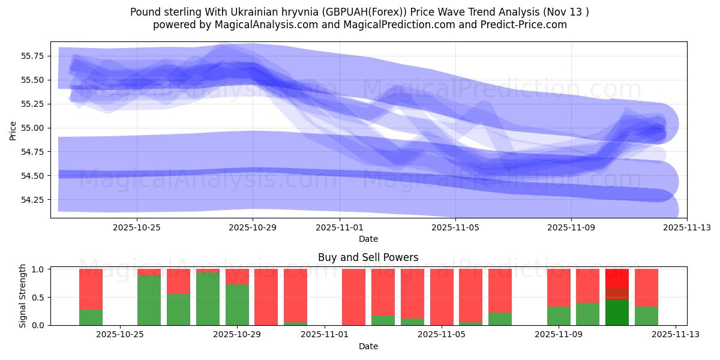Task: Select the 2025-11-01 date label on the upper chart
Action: [340, 227]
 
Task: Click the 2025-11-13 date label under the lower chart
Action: [676, 335]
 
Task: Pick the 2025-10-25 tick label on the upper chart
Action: [137, 227]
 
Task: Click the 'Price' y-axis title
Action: [13, 130]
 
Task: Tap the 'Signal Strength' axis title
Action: [22, 296]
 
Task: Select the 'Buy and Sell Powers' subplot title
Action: [368, 257]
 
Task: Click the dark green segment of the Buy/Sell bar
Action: [617, 313]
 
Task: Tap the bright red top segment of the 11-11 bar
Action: [617, 278]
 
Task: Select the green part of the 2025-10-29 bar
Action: [237, 305]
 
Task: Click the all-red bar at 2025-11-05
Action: [442, 297]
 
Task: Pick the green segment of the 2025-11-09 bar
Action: [559, 316]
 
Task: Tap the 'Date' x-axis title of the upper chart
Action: [368, 239]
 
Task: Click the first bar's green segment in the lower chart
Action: [91, 317]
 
